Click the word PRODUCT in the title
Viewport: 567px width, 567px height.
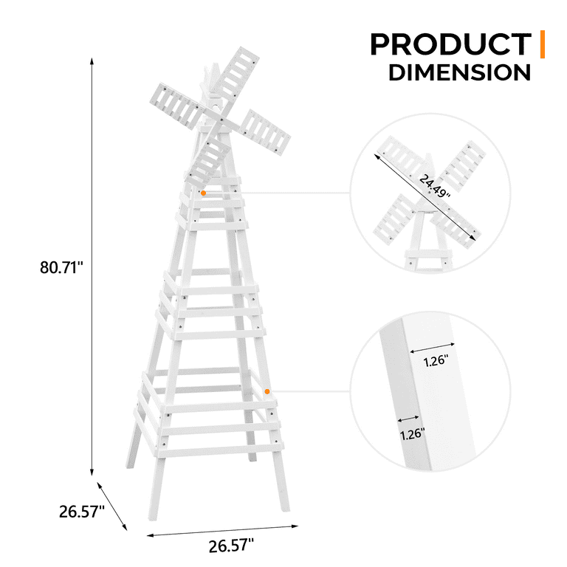450,44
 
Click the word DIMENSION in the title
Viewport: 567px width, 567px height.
459,73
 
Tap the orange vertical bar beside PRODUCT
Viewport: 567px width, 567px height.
543,44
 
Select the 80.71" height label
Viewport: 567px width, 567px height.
63,267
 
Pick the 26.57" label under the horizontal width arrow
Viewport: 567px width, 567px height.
230,546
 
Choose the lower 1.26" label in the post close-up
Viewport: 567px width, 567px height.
414,434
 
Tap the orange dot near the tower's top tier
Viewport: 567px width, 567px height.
203,193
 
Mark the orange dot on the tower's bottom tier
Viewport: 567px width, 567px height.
267,391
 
